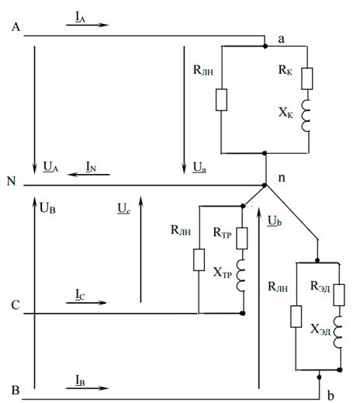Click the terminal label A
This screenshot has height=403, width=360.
pyautogui.click(x=16, y=27)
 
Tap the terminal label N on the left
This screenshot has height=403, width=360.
pyautogui.click(x=12, y=181)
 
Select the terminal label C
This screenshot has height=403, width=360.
pyautogui.click(x=16, y=305)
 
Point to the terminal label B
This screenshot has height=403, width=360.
pyautogui.click(x=16, y=390)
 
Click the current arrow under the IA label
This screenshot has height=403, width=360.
pyautogui.click(x=87, y=25)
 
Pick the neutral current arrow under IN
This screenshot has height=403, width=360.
pyautogui.click(x=88, y=175)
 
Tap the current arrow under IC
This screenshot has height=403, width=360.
pyautogui.click(x=86, y=303)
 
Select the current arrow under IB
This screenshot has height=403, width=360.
pyautogui.click(x=87, y=388)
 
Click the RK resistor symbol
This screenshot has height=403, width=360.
pyautogui.click(x=307, y=78)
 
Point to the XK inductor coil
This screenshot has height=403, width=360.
pyautogui.click(x=306, y=116)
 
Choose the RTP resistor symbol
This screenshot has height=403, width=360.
pyautogui.click(x=242, y=238)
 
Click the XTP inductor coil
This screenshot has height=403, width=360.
pyautogui.click(x=241, y=276)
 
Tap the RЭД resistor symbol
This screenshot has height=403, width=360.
pyautogui.click(x=339, y=295)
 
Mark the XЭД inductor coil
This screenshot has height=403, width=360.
pyautogui.click(x=338, y=332)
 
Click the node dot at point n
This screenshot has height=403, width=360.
pyautogui.click(x=265, y=186)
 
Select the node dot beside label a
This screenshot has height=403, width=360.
pyautogui.click(x=265, y=47)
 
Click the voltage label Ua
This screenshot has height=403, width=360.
pyautogui.click(x=199, y=168)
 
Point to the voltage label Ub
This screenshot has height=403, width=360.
pyautogui.click(x=275, y=221)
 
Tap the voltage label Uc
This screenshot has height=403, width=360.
pyautogui.click(x=124, y=209)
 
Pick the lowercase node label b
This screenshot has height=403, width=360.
pyautogui.click(x=331, y=395)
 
